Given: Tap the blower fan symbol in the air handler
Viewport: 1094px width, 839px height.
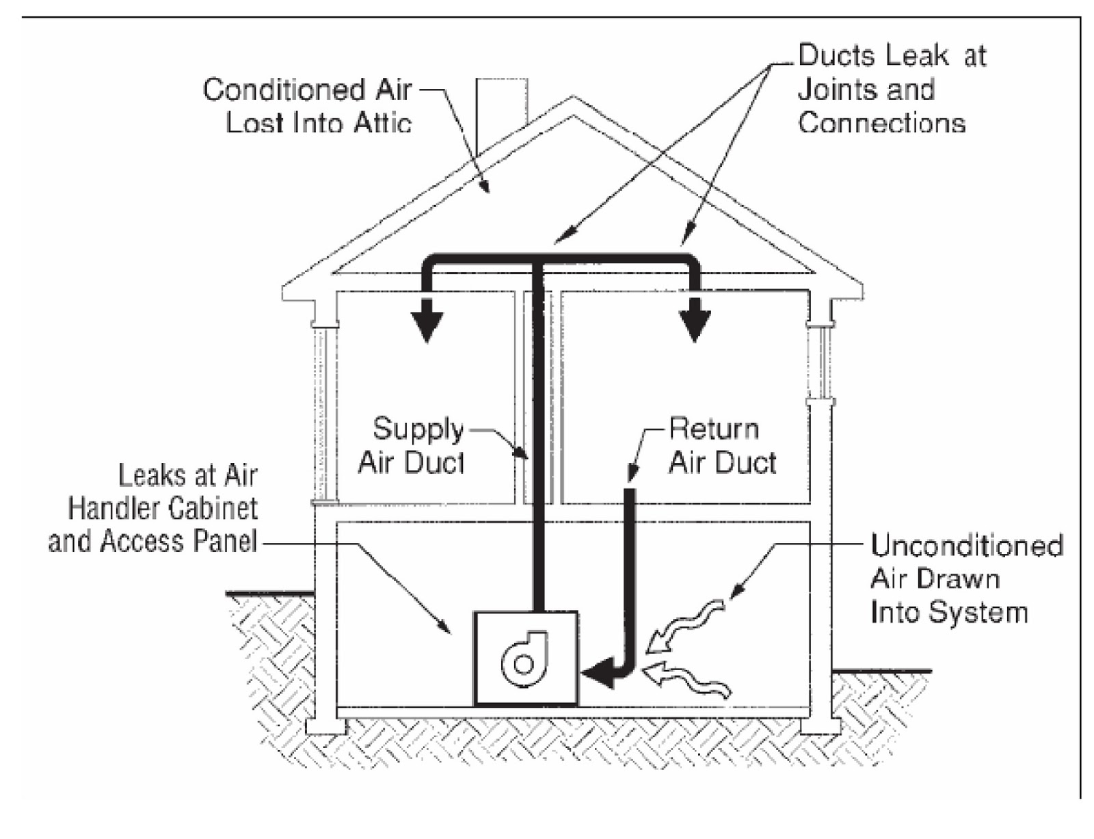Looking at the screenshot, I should point(524,660).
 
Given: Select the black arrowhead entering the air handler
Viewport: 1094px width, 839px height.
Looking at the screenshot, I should point(598,674).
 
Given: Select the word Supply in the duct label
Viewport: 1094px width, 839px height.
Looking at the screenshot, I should point(418,429).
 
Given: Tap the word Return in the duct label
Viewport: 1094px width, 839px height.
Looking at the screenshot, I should point(714,429).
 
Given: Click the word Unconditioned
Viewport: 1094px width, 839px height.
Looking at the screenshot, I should point(966,546).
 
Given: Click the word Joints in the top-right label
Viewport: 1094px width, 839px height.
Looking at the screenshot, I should point(833,89).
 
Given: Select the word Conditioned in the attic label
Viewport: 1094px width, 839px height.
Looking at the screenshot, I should point(277,90).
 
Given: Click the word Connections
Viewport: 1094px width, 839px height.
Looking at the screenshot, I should point(881,122).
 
